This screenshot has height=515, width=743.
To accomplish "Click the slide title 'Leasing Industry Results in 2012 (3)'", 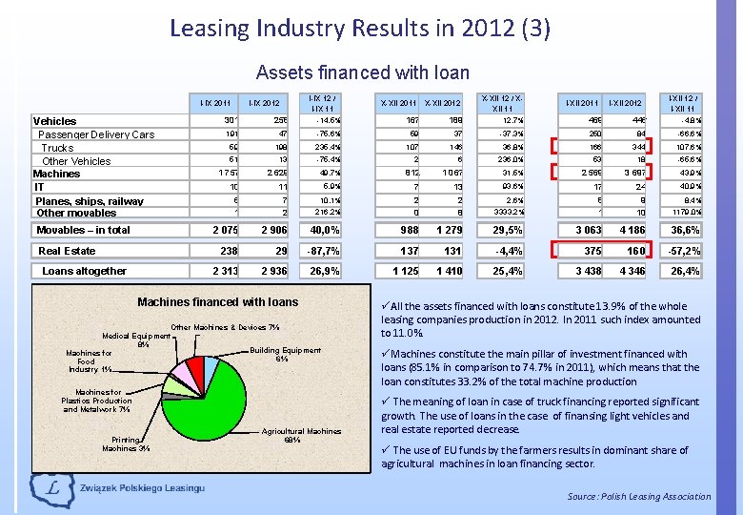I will pos(359,28).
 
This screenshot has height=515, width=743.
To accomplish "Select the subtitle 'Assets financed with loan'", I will pos(363,72).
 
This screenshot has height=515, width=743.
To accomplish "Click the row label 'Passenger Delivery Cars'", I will pos(96,134).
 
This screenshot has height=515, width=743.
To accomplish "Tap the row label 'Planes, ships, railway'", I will pos(90,201).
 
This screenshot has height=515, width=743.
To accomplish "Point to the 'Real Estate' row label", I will pos(67,251).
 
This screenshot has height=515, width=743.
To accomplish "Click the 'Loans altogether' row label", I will pos(84,271).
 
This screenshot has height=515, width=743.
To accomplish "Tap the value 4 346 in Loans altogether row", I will pos(625,271).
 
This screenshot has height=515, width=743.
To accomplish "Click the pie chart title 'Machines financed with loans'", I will pos(217,302).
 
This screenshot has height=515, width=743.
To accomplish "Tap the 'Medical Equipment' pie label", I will pos(136,340).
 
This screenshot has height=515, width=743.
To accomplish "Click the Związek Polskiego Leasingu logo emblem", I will pos(48,488).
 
